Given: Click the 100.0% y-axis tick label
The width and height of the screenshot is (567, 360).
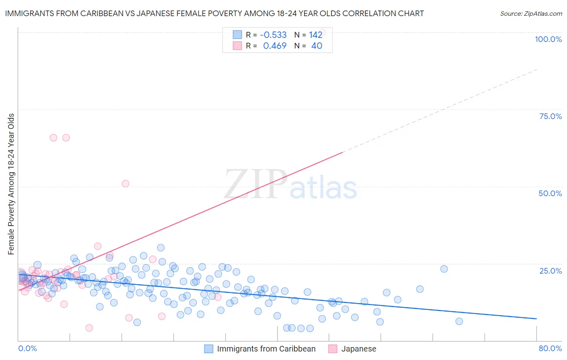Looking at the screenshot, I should (548, 39).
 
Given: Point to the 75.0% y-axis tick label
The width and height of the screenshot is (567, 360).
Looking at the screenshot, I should (550, 116).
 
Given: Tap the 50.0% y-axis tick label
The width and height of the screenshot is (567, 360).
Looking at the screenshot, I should (550, 193).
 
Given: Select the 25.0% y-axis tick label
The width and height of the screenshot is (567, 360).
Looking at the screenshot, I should (550, 270).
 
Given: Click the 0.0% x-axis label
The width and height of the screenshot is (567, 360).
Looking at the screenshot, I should (27, 348).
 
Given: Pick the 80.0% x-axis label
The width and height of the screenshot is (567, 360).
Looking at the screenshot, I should (550, 348).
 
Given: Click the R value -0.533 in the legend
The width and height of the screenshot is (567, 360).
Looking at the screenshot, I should (273, 35).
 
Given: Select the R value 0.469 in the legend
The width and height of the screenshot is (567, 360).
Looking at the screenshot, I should (275, 46).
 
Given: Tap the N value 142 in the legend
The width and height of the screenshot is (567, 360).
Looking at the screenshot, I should (315, 35).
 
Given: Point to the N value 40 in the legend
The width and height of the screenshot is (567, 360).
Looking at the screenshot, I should (317, 46).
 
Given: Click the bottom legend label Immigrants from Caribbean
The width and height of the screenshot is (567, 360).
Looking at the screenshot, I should (266, 349).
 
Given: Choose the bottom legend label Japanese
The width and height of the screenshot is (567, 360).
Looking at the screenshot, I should (359, 349).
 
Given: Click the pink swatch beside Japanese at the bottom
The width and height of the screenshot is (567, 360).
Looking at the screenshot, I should (333, 349).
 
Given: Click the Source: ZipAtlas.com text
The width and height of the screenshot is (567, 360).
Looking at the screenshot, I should (531, 13).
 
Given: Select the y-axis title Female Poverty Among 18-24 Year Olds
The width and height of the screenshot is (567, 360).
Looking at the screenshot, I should (11, 184).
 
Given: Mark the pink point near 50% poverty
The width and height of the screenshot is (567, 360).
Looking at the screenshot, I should (125, 184).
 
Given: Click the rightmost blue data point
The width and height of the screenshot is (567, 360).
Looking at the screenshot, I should (459, 321).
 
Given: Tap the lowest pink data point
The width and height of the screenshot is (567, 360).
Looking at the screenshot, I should (89, 328).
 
